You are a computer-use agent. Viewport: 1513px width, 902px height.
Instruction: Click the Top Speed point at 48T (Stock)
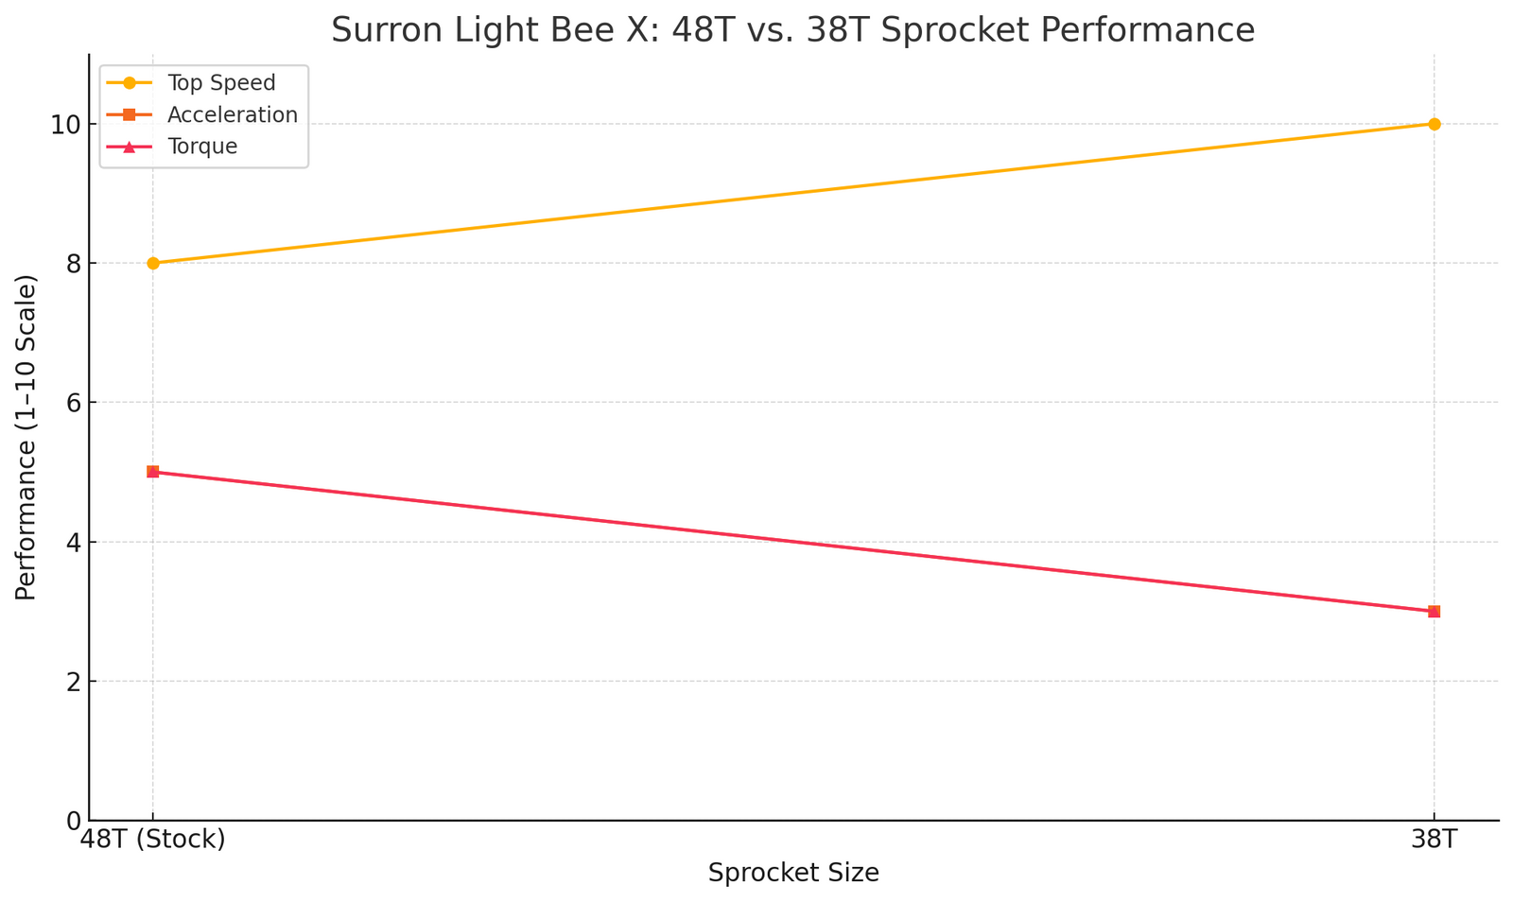[153, 263]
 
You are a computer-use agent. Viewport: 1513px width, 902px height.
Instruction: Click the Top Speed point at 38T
[1434, 124]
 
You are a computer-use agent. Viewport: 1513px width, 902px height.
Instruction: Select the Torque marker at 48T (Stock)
[153, 472]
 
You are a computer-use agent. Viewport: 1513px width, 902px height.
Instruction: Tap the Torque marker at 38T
[1434, 611]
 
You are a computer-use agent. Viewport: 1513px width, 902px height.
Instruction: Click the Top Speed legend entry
[221, 83]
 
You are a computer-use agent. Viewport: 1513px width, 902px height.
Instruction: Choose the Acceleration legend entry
[232, 114]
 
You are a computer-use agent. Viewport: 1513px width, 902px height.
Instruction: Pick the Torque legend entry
[201, 147]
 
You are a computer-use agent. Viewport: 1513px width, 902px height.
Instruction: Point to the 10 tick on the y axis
[61, 125]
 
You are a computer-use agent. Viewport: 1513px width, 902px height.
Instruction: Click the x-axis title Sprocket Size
[793, 874]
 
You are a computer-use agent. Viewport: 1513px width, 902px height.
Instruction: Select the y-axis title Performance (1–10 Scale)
[26, 437]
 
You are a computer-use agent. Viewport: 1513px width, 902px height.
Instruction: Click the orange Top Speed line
[793, 193]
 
